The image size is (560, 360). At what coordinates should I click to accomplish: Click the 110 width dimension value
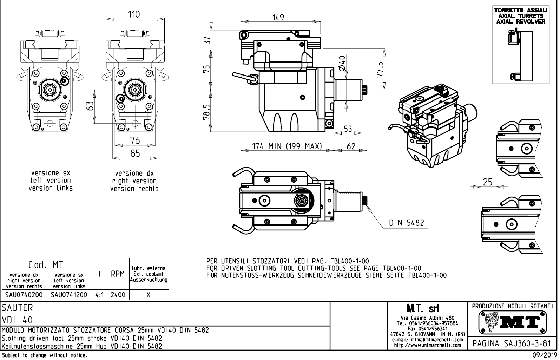pos(134,14)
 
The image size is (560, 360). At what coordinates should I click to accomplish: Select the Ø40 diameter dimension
pos(342,63)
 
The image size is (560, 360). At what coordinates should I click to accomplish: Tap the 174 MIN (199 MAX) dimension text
pos(287,146)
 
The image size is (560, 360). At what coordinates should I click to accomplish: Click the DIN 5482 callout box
pos(407,223)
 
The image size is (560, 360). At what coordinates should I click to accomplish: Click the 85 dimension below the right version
pos(135,153)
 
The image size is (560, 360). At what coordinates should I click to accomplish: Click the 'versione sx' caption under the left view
pos(51,173)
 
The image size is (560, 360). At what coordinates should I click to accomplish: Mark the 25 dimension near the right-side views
pos(488,182)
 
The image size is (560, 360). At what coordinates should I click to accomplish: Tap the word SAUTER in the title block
pos(17,308)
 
